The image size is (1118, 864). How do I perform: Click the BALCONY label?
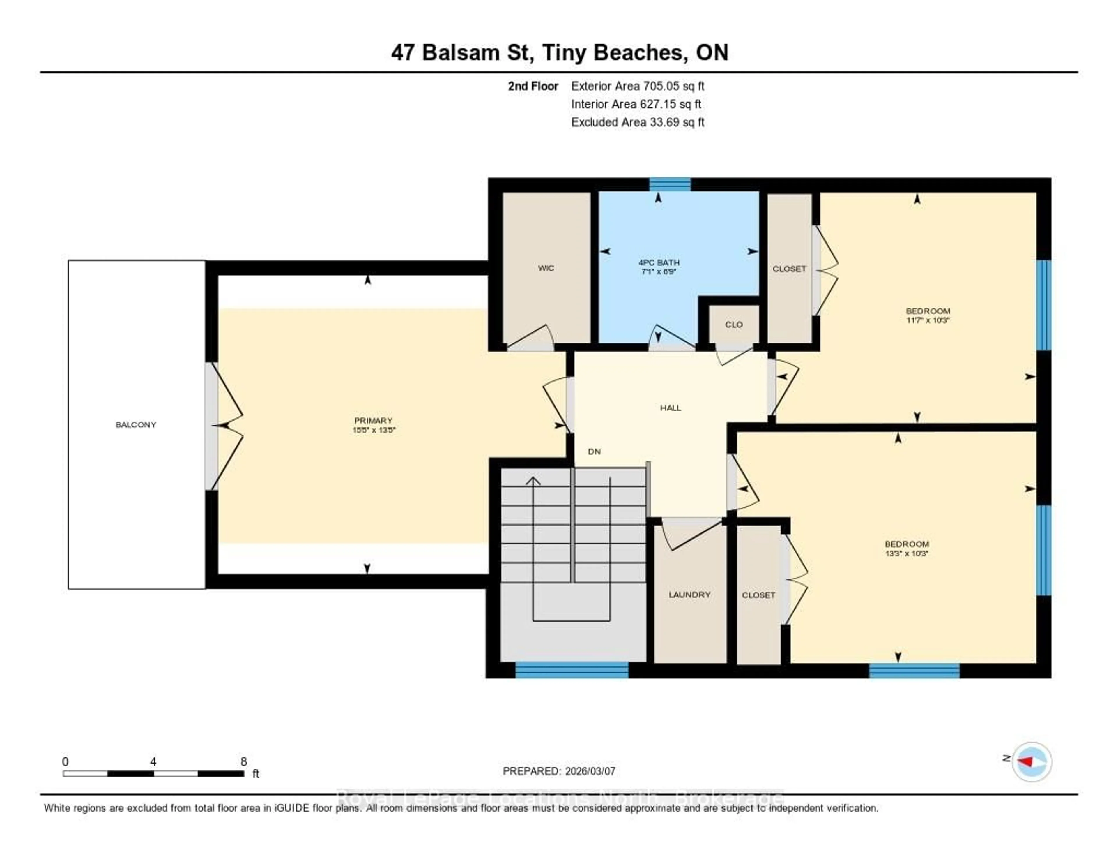(x=136, y=425)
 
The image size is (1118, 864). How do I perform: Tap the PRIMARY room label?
(x=373, y=420)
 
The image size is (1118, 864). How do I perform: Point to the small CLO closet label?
(x=734, y=325)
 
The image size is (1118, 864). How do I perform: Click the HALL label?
(x=670, y=408)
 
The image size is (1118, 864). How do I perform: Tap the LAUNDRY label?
(x=689, y=595)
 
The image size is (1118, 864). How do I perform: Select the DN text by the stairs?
(x=594, y=451)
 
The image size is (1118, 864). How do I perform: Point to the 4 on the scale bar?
(x=153, y=761)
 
